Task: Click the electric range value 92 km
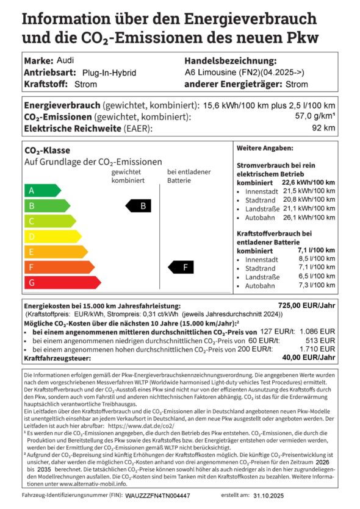325,128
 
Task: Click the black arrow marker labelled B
137,206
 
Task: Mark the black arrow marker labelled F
181,267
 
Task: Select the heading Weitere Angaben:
264,148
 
